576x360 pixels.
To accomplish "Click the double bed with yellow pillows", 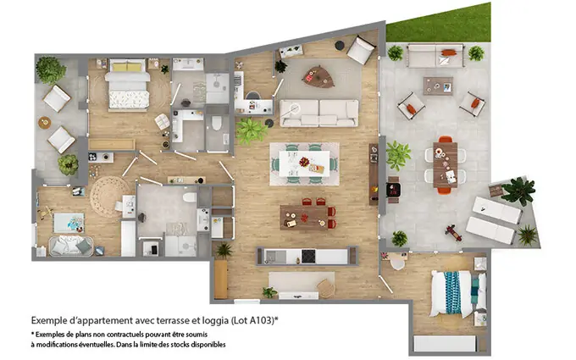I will point(127,86).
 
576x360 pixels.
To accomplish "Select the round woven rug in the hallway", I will point(111,196).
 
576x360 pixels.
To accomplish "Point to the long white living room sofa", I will point(319,112).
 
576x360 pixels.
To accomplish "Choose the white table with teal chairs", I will point(305,162).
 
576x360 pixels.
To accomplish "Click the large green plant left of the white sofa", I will point(251,130).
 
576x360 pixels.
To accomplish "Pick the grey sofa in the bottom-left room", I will point(70,245).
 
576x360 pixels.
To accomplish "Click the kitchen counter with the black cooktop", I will point(302,256).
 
